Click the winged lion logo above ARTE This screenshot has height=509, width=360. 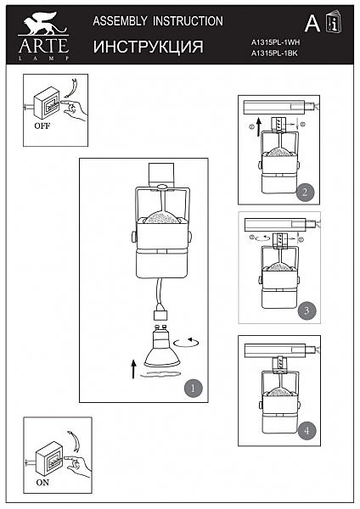click(42, 24)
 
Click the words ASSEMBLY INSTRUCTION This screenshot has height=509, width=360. click(158, 21)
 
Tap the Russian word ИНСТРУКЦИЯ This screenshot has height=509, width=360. click(148, 47)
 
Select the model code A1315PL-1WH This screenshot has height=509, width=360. click(275, 42)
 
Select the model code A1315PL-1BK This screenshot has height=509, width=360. click(274, 53)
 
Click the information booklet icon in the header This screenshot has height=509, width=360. click(334, 22)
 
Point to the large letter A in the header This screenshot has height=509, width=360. click(312, 24)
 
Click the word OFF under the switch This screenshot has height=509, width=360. click(42, 126)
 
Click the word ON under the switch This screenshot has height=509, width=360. click(42, 483)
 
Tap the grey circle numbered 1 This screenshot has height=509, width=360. click(193, 388)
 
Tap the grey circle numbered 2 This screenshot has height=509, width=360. click(305, 192)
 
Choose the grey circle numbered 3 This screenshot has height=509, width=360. click(307, 310)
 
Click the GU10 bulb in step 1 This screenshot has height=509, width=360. click(162, 346)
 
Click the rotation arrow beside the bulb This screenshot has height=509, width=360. click(186, 342)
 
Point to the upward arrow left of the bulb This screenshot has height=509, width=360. click(133, 369)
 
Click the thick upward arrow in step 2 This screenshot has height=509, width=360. click(259, 127)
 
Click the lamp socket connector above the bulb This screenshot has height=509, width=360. click(160, 314)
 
